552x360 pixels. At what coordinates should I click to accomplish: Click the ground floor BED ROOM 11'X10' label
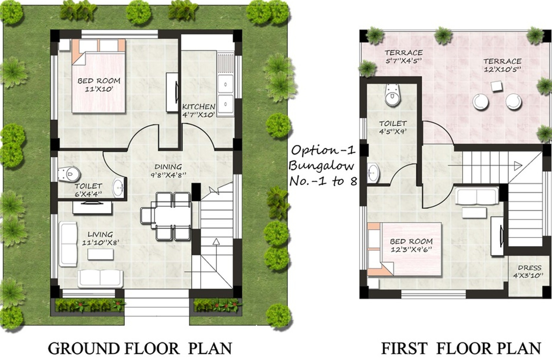pyautogui.click(x=99, y=84)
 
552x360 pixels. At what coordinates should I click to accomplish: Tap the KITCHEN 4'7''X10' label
pyautogui.click(x=198, y=110)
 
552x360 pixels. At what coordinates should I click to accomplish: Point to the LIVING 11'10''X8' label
pyautogui.click(x=100, y=238)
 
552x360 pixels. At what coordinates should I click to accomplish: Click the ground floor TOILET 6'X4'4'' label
pyautogui.click(x=88, y=190)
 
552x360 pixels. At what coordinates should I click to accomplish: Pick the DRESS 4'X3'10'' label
pyautogui.click(x=529, y=271)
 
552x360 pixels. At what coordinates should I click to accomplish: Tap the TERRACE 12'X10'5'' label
pyautogui.click(x=502, y=65)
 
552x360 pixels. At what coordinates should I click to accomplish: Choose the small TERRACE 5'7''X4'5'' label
pyautogui.click(x=404, y=56)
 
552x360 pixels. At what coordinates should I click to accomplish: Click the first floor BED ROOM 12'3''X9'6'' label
pyautogui.click(x=411, y=245)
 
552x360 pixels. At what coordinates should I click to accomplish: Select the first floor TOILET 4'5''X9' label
pyautogui.click(x=393, y=127)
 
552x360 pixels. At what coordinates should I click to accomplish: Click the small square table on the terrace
pyautogui.click(x=496, y=86)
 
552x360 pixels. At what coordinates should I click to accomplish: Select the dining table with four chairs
pyautogui.click(x=166, y=216)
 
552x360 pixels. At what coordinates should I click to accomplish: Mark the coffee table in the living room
pyautogui.click(x=100, y=254)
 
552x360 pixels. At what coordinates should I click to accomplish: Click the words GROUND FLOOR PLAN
pyautogui.click(x=140, y=348)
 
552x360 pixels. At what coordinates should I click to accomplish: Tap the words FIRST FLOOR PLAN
pyautogui.click(x=461, y=348)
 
